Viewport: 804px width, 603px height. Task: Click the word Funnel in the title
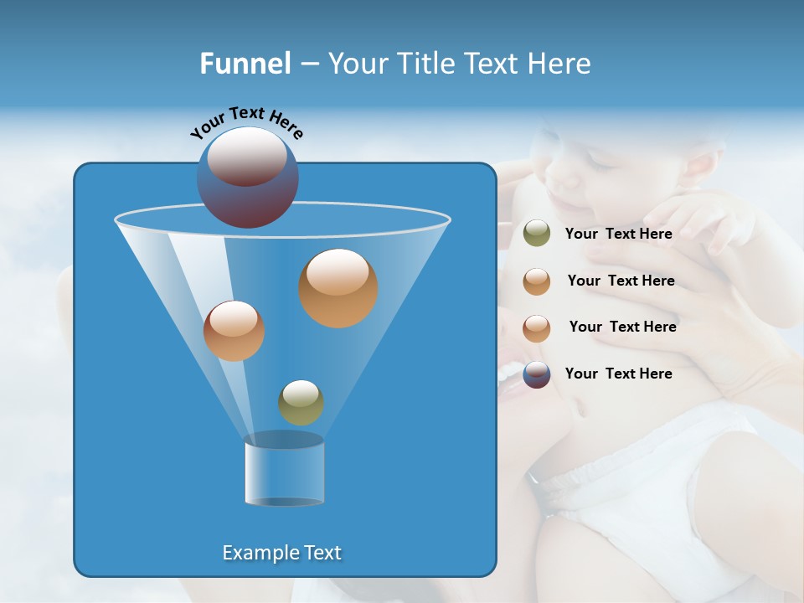245,64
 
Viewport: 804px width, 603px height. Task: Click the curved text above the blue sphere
247,122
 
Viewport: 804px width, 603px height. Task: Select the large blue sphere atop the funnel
247,178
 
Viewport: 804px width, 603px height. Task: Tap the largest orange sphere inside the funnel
338,287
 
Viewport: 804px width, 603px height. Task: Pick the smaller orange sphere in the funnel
234,331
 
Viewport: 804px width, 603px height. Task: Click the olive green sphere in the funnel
301,402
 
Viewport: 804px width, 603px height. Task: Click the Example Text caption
281,553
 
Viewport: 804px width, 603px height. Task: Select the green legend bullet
536,234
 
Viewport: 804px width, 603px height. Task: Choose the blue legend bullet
536,374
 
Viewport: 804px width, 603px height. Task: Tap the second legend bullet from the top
536,281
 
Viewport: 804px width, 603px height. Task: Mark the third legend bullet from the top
536,327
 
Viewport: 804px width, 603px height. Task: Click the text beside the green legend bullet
618,234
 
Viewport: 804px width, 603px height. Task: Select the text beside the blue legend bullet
618,374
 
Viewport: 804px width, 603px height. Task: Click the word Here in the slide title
559,64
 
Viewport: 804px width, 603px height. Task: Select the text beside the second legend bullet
621,281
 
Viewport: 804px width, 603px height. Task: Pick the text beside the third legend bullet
622,327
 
